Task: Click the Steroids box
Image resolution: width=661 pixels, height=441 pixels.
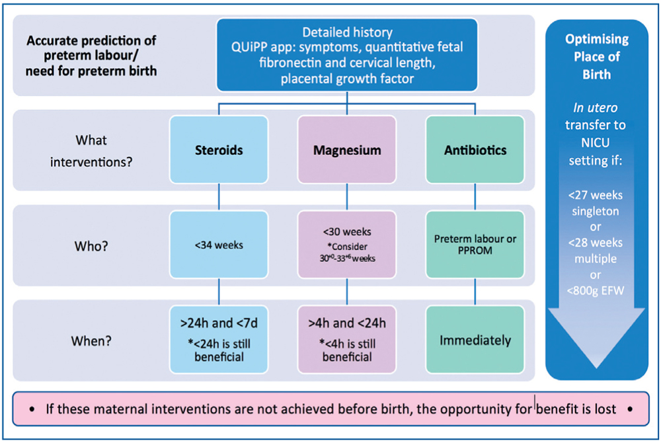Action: tap(219, 149)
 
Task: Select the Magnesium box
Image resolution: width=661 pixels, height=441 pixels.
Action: tap(347, 149)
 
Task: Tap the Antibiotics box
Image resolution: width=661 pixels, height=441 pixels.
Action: tap(475, 149)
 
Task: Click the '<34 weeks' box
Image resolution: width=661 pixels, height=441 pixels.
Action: tap(219, 245)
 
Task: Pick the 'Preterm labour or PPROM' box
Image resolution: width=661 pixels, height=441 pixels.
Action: tap(475, 245)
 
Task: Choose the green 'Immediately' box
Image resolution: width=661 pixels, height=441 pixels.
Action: tap(475, 339)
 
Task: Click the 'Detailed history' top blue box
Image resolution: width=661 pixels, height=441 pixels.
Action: tap(347, 55)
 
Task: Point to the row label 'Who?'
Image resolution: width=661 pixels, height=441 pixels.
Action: tap(91, 246)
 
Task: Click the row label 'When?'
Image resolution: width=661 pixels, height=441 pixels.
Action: tap(91, 341)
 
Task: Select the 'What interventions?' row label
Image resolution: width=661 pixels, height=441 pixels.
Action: tap(91, 151)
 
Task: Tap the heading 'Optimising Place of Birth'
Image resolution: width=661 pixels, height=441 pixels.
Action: tap(596, 56)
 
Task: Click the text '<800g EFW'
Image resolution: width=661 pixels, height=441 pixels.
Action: tap(596, 290)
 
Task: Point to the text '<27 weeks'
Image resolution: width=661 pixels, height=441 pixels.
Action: tap(596, 195)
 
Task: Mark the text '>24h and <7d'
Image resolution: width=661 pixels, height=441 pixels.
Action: tap(219, 323)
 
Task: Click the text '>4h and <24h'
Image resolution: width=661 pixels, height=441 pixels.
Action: tap(347, 323)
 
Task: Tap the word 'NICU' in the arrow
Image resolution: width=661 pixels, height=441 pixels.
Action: tap(596, 143)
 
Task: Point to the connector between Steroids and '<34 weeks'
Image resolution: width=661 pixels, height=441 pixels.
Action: tap(219, 197)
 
